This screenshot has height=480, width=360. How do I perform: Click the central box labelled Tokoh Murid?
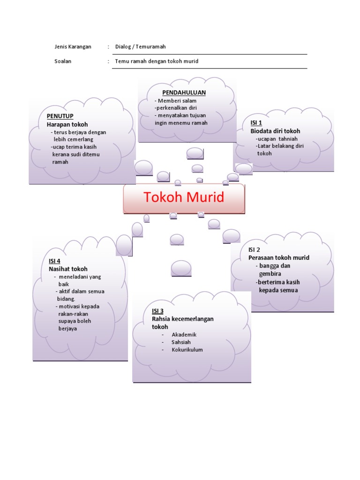coord(184,198)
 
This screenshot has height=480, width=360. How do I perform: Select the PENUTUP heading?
coord(60,116)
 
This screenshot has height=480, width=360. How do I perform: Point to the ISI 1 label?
coord(256,122)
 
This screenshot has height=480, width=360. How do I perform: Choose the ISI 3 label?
coord(157,311)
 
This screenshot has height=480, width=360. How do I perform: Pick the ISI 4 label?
coord(54,261)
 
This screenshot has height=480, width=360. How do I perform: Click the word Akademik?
coord(184,335)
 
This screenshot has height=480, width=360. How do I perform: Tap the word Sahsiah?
coord(181,342)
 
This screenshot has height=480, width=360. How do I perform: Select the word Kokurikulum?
coord(187,350)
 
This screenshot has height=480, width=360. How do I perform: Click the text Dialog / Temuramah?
coord(141,47)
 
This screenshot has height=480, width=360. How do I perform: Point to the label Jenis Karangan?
coord(73,47)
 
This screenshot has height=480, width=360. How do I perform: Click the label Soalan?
coord(63,61)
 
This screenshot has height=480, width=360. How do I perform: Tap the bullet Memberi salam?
coord(177,101)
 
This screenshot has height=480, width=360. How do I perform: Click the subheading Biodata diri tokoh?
coord(275,131)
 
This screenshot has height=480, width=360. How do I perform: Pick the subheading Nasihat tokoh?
coord(68,269)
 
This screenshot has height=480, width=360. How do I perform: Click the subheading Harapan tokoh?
coord(67,124)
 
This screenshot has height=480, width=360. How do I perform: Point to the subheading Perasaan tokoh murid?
coord(279,258)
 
